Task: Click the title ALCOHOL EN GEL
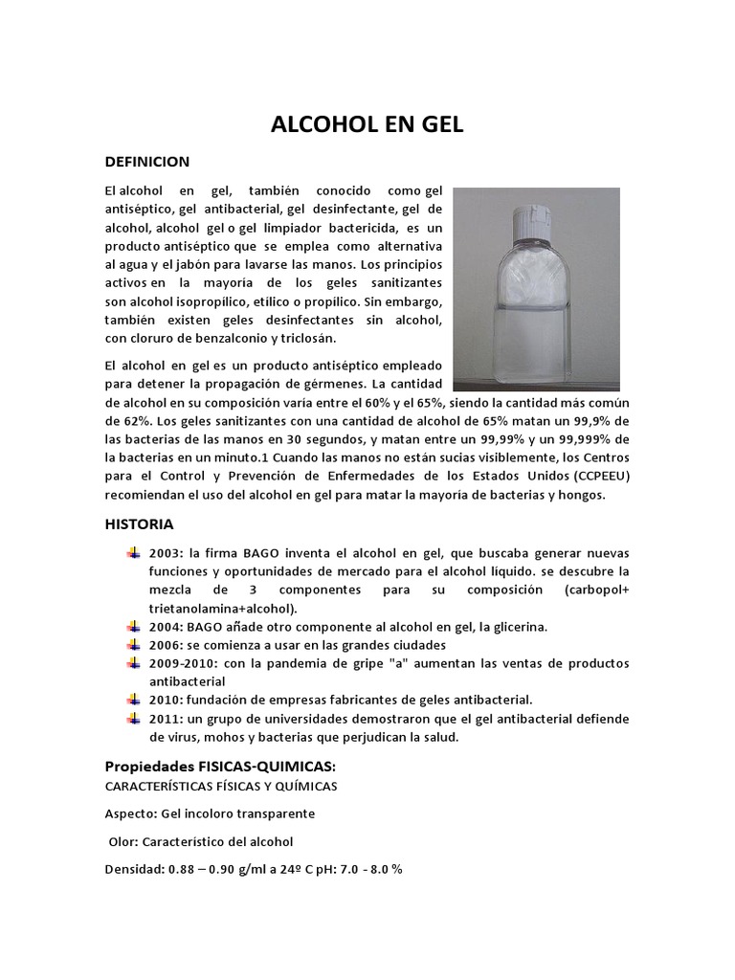pos(367,126)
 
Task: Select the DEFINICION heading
pos(147,161)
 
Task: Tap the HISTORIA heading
pos(139,523)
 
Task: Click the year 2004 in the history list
pos(164,626)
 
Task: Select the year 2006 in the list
pos(164,644)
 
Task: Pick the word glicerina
pos(515,626)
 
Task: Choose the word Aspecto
pos(130,813)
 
